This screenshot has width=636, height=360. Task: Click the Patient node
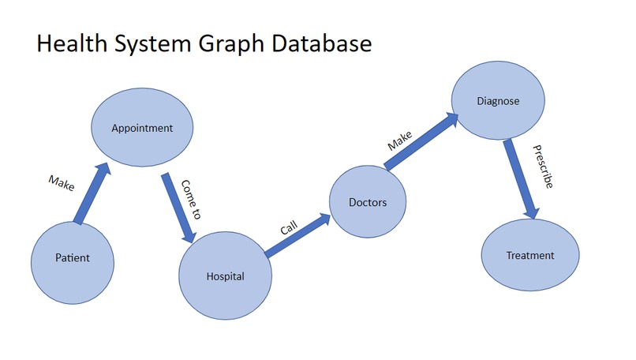pos(72,258)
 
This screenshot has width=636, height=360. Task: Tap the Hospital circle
pos(226,276)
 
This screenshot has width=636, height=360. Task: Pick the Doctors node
pos(368,202)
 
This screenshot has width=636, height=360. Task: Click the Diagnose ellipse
pos(498,101)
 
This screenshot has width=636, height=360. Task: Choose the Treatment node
pos(529,255)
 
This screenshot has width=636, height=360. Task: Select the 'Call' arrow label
pos(289,228)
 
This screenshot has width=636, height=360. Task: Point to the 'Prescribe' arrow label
pos(543,166)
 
